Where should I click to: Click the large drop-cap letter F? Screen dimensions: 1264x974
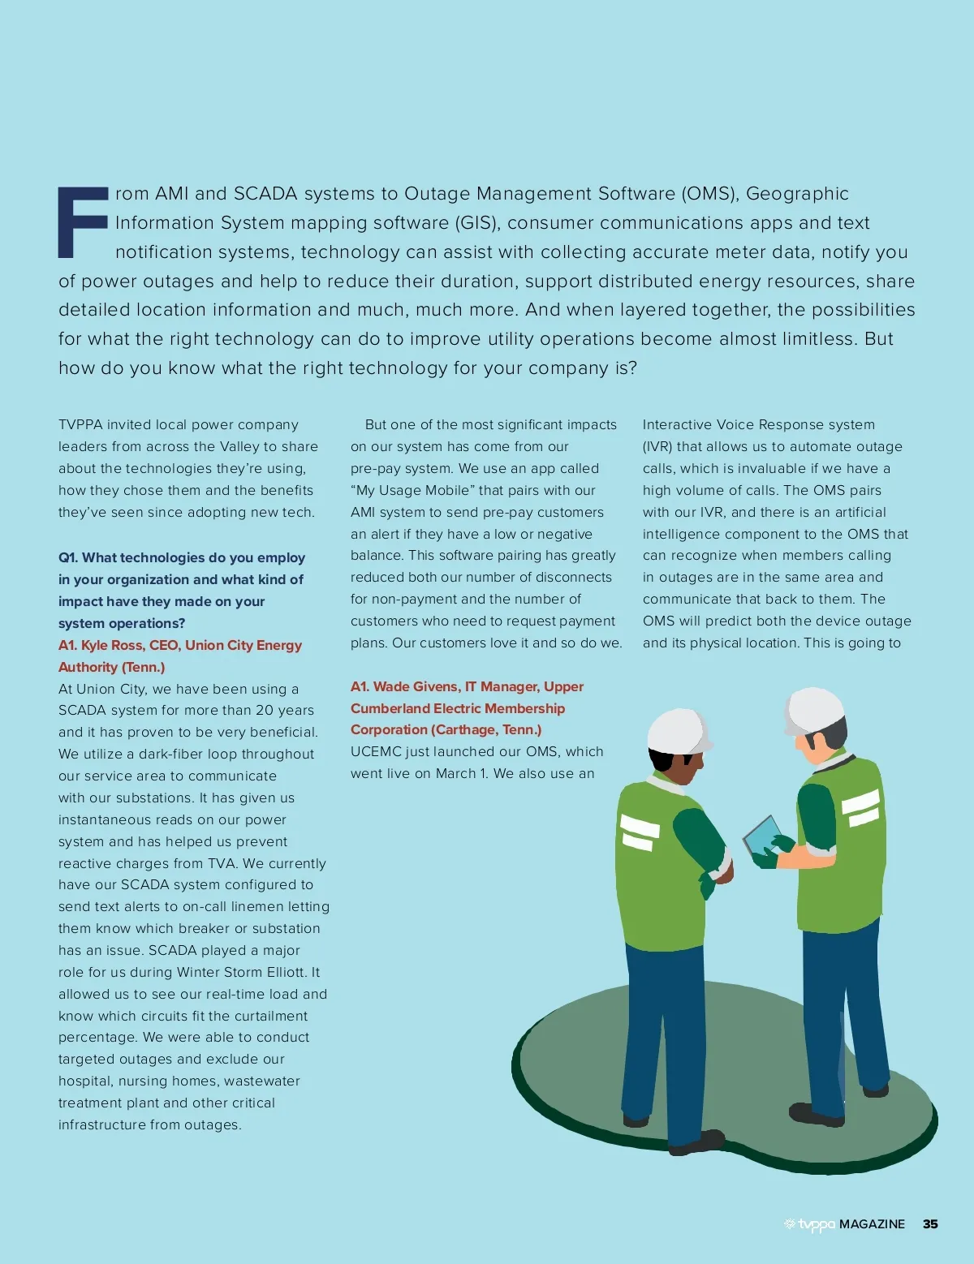[x=82, y=222]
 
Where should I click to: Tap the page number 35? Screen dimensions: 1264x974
[x=930, y=1224]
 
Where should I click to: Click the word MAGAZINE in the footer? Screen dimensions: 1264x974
[x=872, y=1224]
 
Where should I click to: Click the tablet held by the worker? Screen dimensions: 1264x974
[x=762, y=836]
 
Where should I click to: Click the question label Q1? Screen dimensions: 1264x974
[x=68, y=557]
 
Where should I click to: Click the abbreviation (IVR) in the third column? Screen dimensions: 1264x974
[x=657, y=447]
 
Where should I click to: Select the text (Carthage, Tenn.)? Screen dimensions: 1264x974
[x=486, y=729]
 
